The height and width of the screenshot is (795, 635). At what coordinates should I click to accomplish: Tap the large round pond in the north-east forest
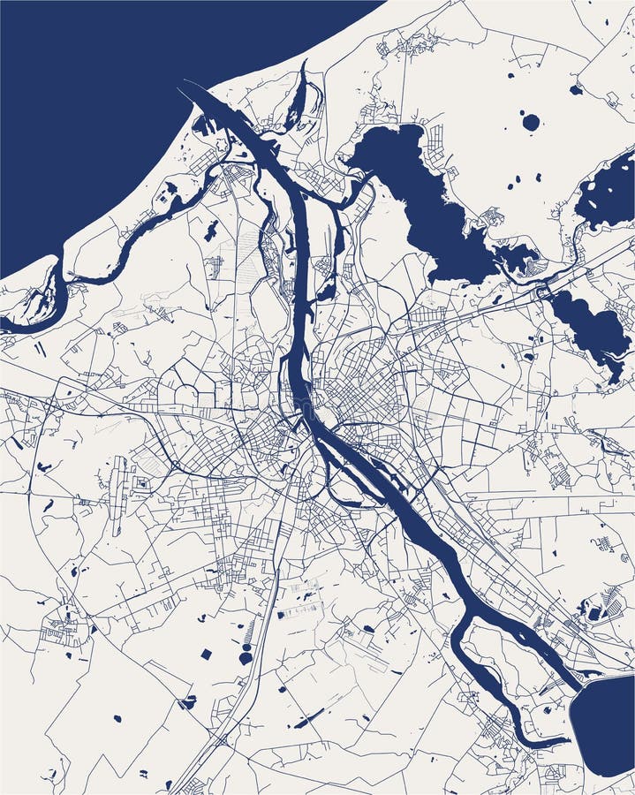click(530, 123)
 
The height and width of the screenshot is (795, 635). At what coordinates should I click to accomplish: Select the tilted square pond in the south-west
click(206, 655)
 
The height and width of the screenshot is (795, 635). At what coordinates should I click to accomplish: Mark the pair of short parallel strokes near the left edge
click(40, 349)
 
